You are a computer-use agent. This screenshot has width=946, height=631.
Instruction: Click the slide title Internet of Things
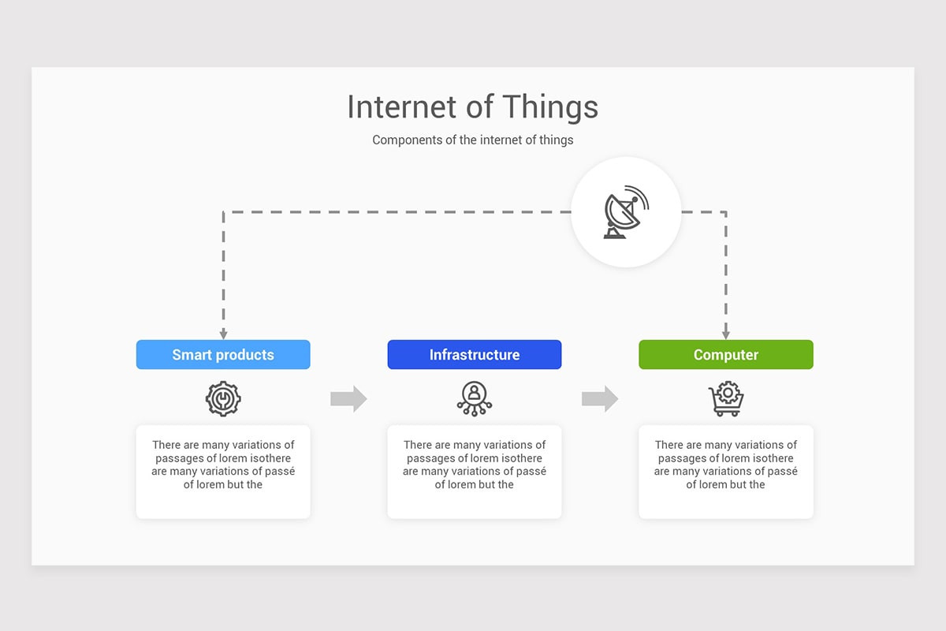pos(472,107)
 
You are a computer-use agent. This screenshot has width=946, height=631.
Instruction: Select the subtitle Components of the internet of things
pos(472,140)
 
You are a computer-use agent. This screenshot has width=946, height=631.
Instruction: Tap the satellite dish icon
pos(626,211)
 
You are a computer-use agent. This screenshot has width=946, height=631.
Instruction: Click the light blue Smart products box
pos(223,355)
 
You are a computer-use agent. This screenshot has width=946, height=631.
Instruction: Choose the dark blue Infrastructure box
pos(474,355)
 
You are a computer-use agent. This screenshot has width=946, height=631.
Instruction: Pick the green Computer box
pos(725,355)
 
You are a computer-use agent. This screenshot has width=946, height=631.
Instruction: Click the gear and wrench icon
pos(223,399)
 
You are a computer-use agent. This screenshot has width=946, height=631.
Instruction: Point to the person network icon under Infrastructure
pos(474,399)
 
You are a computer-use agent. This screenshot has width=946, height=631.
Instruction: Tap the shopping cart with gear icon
pos(726,399)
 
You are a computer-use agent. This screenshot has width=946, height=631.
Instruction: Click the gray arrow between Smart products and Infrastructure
pos(348,399)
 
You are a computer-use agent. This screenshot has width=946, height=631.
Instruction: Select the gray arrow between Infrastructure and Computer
pos(600,399)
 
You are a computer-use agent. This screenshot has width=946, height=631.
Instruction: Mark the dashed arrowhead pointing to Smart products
pos(223,335)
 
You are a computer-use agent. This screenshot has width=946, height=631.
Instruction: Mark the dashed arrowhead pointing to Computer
pos(725,335)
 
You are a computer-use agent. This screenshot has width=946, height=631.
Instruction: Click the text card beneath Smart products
pos(223,472)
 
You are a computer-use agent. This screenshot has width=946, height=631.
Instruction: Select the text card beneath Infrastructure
pos(474,472)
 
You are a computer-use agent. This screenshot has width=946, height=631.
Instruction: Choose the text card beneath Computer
pos(725,472)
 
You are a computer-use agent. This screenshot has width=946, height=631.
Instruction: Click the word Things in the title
pos(550,107)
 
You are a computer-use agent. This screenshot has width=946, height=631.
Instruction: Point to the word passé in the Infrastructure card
pos(531,472)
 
